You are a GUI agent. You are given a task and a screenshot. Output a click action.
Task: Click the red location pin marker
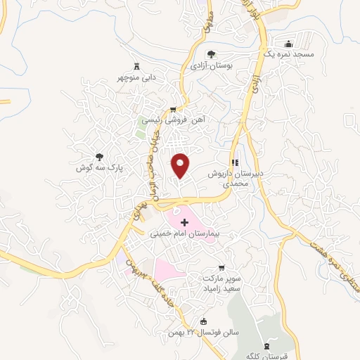coord(181,165)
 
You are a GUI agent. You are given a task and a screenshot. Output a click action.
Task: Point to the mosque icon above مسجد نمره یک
coord(285,43)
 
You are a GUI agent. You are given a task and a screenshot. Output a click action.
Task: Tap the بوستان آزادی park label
coord(212,65)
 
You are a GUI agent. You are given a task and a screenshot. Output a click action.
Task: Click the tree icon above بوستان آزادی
coord(211,54)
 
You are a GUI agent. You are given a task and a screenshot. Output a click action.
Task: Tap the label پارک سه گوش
coord(99,169)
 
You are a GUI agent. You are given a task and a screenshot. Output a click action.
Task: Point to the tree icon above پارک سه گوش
coord(98,157)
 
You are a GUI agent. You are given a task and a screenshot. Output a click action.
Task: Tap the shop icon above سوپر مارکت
coord(221,267)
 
